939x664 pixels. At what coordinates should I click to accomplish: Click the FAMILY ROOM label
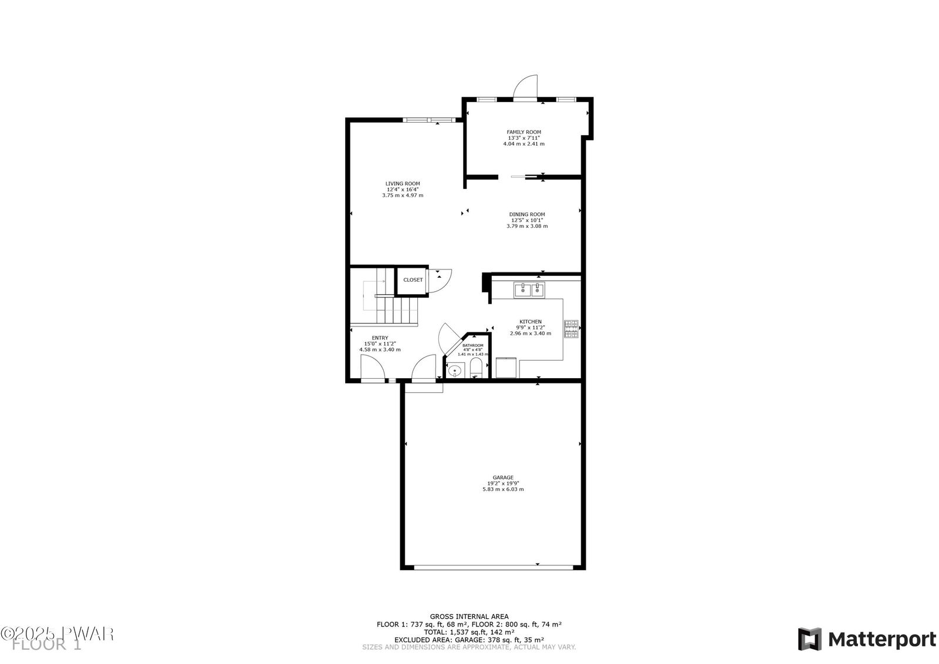(x=523, y=132)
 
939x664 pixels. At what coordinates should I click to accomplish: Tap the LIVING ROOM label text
(x=403, y=183)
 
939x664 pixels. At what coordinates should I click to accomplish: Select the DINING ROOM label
(x=527, y=214)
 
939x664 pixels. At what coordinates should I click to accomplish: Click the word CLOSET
(x=413, y=280)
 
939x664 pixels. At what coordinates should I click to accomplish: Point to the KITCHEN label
(x=531, y=321)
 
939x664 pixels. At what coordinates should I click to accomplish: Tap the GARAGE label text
(x=503, y=477)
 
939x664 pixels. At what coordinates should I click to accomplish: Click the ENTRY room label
(x=380, y=338)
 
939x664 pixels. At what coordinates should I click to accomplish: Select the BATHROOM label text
(x=473, y=345)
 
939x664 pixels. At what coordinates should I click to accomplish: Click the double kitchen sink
(x=529, y=289)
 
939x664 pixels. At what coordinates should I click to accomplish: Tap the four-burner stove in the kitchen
(x=571, y=329)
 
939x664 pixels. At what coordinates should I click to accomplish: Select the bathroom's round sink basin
(x=455, y=371)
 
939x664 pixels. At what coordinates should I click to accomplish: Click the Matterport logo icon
(x=809, y=639)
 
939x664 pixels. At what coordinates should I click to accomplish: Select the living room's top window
(x=429, y=120)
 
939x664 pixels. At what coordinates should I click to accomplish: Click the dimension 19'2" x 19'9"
(x=503, y=483)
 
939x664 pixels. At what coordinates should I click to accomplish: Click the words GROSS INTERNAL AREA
(x=469, y=616)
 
